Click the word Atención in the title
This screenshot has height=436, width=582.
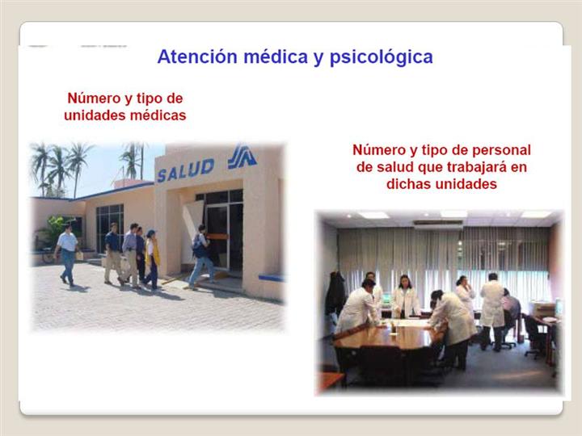197,57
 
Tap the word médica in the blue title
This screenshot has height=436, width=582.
276,57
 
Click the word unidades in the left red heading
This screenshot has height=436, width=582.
95,115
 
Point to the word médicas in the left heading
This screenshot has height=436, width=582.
158,115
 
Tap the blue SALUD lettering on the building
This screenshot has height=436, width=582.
186,170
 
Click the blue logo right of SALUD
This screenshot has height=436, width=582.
242,157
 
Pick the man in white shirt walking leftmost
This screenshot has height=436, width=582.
67,254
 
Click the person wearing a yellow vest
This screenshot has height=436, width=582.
152,259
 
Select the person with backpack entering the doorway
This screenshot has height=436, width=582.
200,257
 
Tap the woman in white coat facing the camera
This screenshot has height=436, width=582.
405,297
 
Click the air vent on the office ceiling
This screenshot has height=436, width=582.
438,224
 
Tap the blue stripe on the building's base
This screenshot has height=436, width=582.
271,277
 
